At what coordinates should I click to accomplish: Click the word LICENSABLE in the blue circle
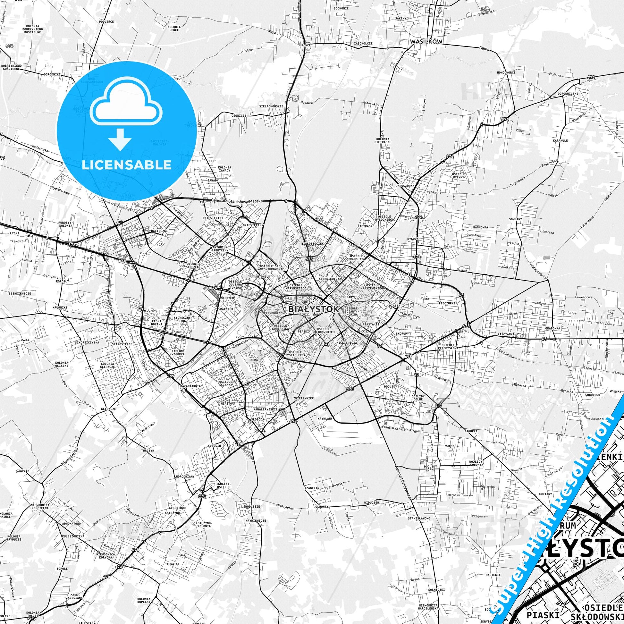coord(126,165)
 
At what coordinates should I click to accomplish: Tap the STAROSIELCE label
coord(122,344)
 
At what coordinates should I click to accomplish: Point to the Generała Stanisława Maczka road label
coord(237,201)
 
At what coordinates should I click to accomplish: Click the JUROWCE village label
coord(304,45)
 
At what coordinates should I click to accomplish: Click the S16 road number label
coord(9,46)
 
